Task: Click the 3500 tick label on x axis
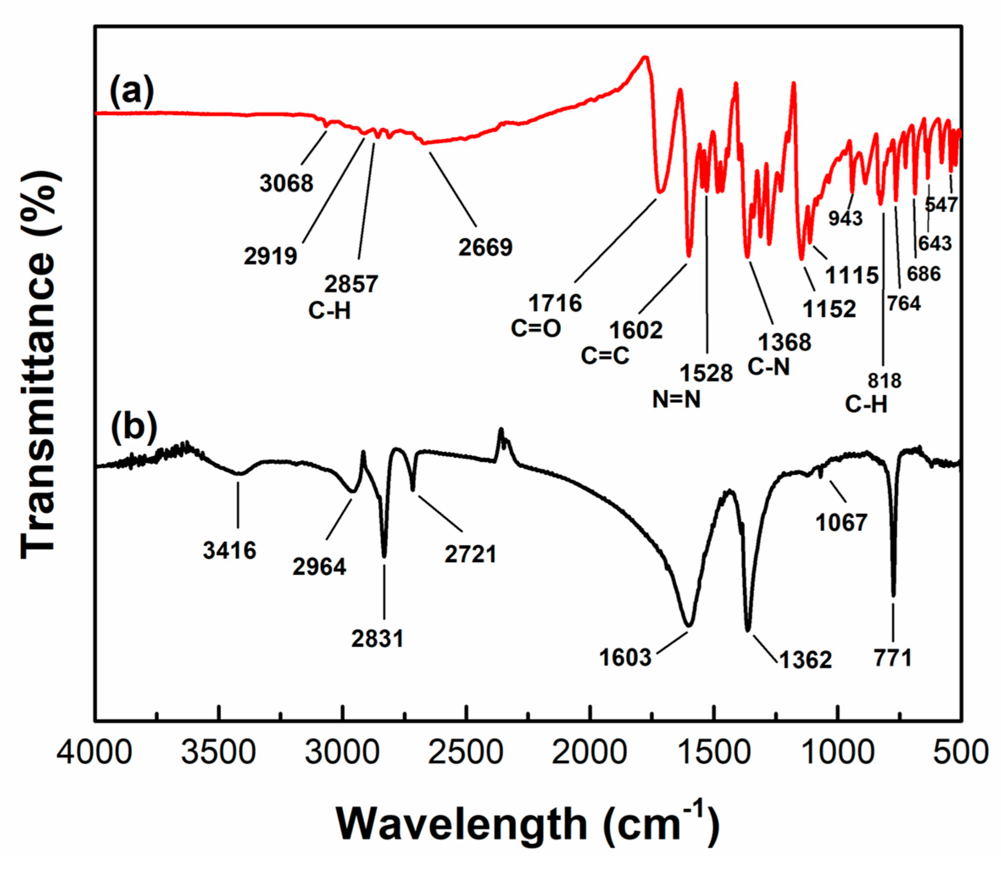[219, 753]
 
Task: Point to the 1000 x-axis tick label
[837, 753]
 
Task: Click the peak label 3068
[286, 184]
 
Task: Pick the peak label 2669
[485, 248]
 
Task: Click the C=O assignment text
[536, 329]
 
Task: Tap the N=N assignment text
[676, 400]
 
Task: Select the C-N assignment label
[768, 368]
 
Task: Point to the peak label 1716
[556, 304]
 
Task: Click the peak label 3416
[230, 551]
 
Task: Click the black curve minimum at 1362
[748, 630]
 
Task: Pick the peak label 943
[845, 218]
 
